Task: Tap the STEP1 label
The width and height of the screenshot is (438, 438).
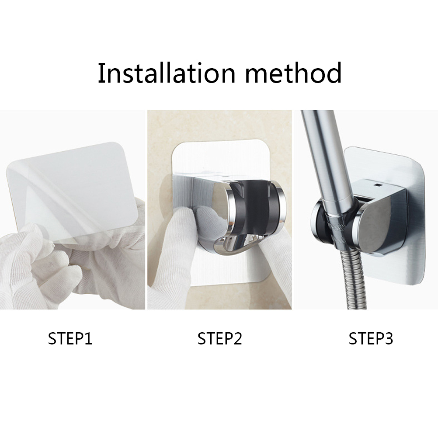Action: pos(70,338)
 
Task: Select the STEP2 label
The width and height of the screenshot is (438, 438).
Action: pos(219,338)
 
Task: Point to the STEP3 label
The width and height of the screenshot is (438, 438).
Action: pos(371,338)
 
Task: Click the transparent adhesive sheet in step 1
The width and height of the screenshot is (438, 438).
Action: pos(73,190)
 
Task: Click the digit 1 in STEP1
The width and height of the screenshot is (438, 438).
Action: pos(88,338)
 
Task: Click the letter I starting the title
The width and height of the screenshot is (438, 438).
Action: pos(101,73)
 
